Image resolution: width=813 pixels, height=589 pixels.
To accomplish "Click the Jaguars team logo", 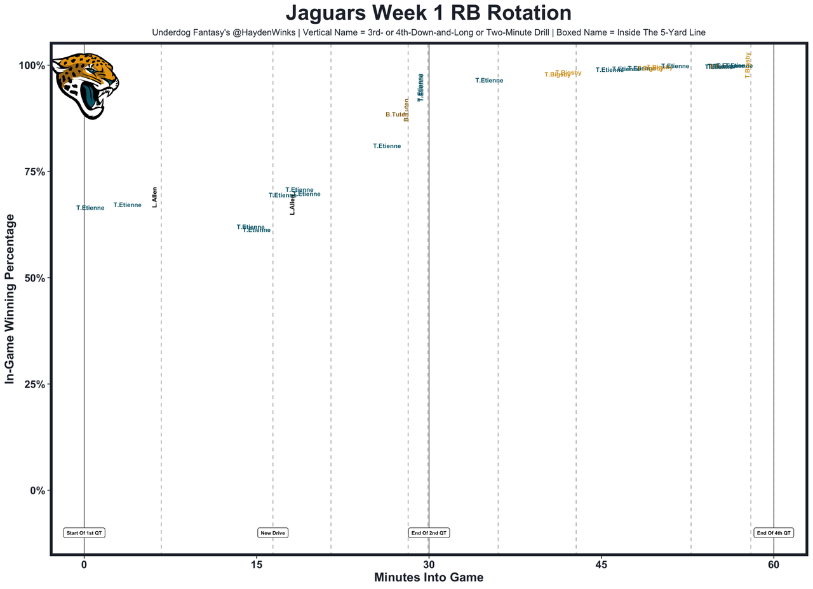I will pos(85,87).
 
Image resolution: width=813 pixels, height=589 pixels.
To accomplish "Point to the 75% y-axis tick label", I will pos(31,172).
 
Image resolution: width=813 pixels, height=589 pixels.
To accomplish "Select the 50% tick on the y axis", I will pos(31,278).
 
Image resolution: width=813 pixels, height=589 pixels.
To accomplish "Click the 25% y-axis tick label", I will pos(31,384).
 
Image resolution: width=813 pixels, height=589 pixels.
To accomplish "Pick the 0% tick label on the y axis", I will pos(34,490).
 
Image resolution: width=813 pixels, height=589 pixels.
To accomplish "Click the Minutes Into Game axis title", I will pos(429,578).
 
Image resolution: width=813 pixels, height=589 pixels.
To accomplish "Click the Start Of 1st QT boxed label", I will pos(84,532).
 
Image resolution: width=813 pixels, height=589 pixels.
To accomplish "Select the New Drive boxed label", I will pos(273,532).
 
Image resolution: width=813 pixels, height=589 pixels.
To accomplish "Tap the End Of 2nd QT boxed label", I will pos(429,532).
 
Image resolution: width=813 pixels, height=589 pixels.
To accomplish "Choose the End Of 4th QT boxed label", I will pos(774,532).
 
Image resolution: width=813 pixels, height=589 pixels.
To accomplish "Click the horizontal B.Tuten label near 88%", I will pos(395,114).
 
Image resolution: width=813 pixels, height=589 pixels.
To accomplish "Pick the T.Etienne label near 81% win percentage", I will pos(387,146).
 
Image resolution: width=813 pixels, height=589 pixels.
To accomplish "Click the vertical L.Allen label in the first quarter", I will pos(155,197).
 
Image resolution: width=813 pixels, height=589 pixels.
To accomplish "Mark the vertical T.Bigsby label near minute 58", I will pos(748,65).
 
